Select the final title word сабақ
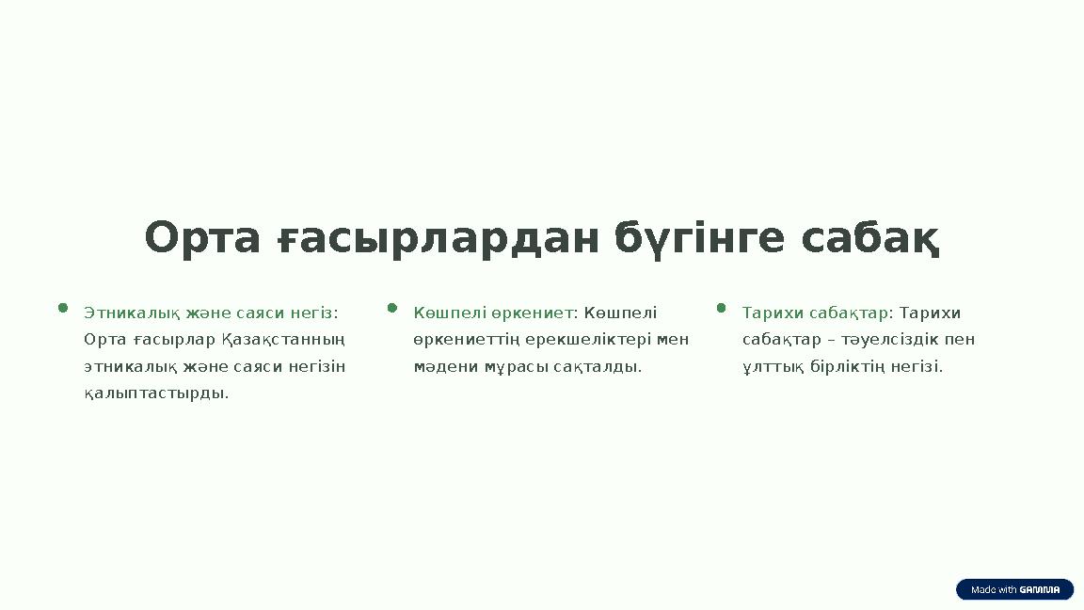pos(869,238)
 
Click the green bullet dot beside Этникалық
pos(63,307)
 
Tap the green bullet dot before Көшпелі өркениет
pos(392,307)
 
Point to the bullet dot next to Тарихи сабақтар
pos(722,307)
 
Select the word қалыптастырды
pos(156,393)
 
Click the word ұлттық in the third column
pos(773,366)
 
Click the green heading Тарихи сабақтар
pos(816,313)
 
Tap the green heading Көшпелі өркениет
pos(493,313)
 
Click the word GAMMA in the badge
pos(1040,590)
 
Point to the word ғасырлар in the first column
pos(167,339)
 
